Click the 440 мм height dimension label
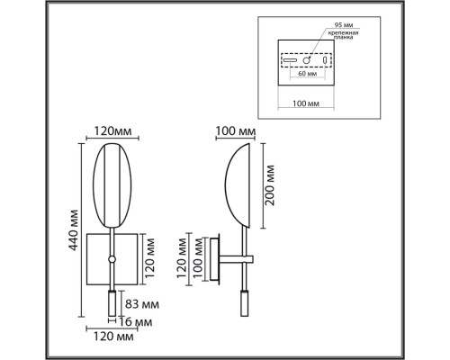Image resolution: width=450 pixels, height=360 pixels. [x=74, y=230]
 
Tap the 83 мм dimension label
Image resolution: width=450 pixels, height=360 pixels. [x=142, y=304]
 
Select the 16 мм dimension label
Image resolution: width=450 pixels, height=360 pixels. [x=136, y=322]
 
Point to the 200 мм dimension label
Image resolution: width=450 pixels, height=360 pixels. [x=270, y=185]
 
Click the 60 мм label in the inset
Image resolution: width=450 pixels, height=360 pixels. [x=307, y=74]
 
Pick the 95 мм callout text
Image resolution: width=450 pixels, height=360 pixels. [x=344, y=24]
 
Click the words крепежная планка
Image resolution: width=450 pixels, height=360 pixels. [x=344, y=35]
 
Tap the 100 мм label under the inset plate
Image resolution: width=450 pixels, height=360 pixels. [x=306, y=103]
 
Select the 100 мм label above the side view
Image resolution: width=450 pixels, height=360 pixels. [x=236, y=131]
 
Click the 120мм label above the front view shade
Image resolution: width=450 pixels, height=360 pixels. [x=112, y=131]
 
